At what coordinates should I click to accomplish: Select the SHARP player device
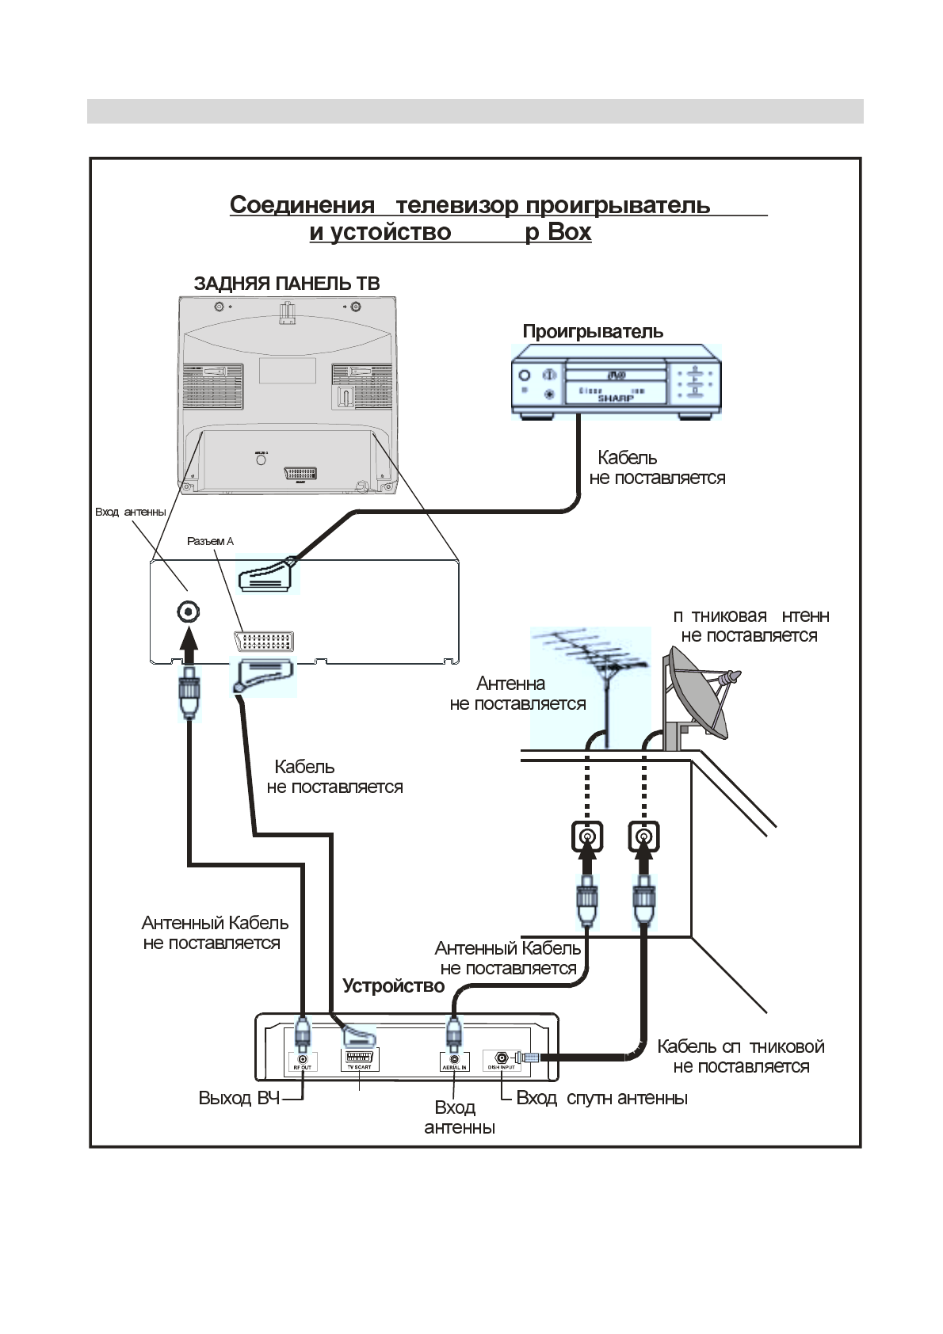point(616,386)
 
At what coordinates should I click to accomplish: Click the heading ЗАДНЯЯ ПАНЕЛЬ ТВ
point(286,284)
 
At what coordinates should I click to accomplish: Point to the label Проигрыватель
point(593,332)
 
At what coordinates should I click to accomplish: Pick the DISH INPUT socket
point(502,1058)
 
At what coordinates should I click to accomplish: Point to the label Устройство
point(393,986)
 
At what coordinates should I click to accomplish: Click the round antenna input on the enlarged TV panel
point(188,612)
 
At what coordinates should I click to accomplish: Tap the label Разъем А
point(210,542)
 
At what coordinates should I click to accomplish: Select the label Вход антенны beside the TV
point(131,512)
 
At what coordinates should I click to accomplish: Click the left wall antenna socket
point(586,837)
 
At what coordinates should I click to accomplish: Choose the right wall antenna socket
point(644,837)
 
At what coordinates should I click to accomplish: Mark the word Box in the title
point(570,232)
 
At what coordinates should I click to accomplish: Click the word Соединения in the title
point(302,205)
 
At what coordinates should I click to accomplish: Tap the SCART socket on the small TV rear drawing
point(300,473)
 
